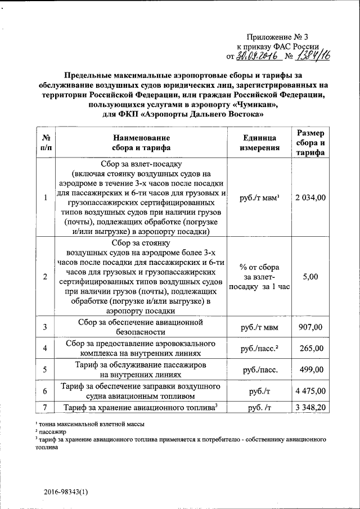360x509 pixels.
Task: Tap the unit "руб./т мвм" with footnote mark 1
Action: [x=259, y=197]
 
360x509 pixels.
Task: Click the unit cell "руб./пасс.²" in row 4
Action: [x=259, y=348]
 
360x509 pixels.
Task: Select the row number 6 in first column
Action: [x=45, y=391]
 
